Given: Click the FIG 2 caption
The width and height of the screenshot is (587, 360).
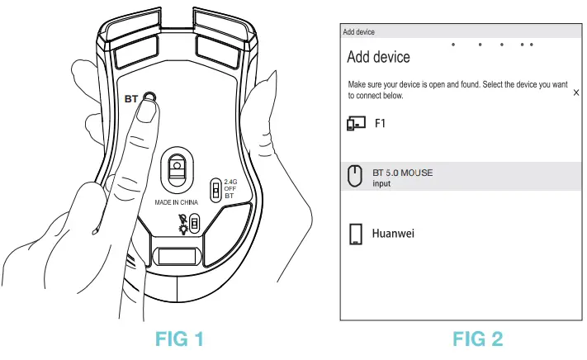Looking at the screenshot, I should pyautogui.click(x=477, y=339).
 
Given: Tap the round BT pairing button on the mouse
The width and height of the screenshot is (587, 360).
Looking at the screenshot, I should pyautogui.click(x=149, y=97).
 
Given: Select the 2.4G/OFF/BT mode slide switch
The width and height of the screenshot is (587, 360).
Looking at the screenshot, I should pyautogui.click(x=216, y=191).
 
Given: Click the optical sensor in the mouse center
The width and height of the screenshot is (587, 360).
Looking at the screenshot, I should pyautogui.click(x=177, y=169).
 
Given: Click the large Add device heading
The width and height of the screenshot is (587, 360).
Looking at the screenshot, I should pyautogui.click(x=378, y=57).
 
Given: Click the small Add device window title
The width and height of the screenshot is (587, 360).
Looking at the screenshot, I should pyautogui.click(x=358, y=31).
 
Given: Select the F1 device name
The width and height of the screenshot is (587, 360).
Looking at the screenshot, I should pyautogui.click(x=381, y=124).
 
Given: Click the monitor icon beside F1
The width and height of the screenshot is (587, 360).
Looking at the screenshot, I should pyautogui.click(x=355, y=124).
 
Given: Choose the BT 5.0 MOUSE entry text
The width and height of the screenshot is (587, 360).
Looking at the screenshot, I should pyautogui.click(x=402, y=173).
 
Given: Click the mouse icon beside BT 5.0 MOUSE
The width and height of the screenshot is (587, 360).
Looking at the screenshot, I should pyautogui.click(x=355, y=177).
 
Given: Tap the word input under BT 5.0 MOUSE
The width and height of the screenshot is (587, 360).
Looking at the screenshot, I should pyautogui.click(x=381, y=183).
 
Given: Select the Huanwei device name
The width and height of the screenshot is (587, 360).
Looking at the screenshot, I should pyautogui.click(x=394, y=234).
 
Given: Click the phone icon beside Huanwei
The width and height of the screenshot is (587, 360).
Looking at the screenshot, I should pyautogui.click(x=356, y=234).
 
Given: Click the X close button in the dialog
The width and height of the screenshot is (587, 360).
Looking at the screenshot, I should pyautogui.click(x=575, y=93).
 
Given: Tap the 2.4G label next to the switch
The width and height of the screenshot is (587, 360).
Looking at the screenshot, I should pyautogui.click(x=232, y=182).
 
